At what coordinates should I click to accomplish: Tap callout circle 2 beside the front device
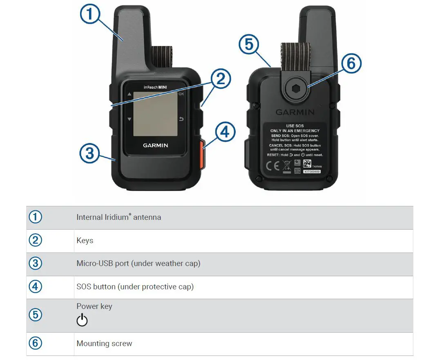[x=220, y=79]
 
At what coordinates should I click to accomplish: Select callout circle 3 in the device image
[x=89, y=154]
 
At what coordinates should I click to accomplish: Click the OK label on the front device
[x=181, y=94]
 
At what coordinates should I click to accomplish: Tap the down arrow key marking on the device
[x=129, y=119]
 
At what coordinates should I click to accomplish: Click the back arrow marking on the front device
[x=182, y=119]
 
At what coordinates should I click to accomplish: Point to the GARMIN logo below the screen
[x=155, y=145]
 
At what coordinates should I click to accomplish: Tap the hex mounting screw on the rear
[x=295, y=89]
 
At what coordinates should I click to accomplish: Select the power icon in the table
[x=82, y=320]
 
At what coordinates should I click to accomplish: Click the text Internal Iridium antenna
[x=118, y=217]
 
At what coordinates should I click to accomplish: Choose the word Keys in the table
[x=85, y=241]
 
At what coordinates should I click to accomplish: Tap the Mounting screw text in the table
[x=104, y=344]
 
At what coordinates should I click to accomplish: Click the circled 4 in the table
[x=35, y=287]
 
